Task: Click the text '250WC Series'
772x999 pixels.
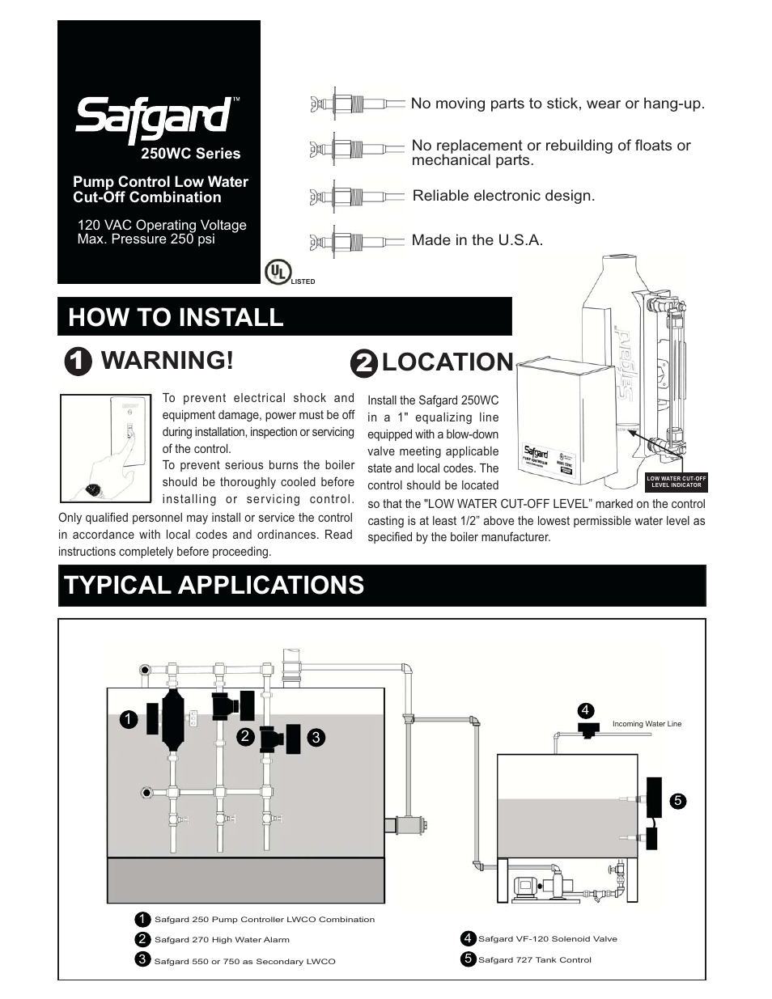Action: tap(191, 153)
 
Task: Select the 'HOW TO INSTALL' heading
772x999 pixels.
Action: tap(176, 317)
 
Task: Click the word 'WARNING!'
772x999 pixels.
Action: tap(167, 361)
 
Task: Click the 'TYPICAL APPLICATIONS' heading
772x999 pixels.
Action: tap(214, 585)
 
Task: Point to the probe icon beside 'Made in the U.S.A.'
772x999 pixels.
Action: tap(356, 241)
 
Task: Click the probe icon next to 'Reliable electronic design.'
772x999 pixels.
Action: tap(356, 196)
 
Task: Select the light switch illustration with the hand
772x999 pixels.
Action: tap(106, 447)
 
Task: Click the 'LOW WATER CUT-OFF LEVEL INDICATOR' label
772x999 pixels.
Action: tap(677, 481)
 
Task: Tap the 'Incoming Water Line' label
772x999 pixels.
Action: tap(647, 724)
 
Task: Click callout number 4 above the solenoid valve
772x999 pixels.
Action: tap(585, 710)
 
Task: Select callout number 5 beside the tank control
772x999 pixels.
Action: tap(678, 801)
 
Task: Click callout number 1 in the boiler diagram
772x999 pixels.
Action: tap(127, 718)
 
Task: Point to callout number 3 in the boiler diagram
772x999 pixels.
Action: tap(316, 737)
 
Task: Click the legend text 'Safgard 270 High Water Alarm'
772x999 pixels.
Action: tap(222, 940)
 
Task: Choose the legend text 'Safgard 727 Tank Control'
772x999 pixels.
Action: tap(534, 960)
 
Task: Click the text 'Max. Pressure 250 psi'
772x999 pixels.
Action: tap(146, 239)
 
